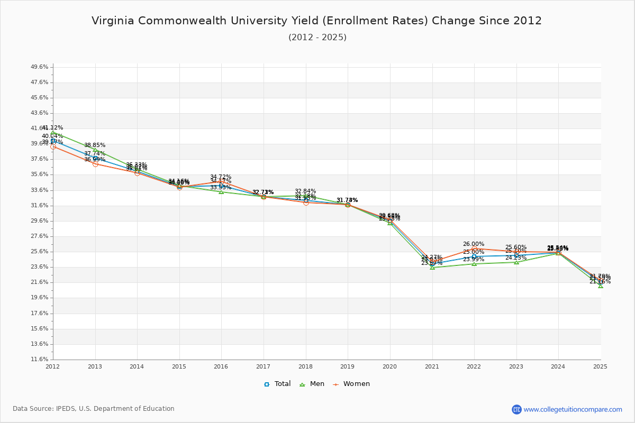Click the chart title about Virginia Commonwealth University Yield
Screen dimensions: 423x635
(x=316, y=21)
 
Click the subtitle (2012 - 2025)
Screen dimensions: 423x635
(x=317, y=38)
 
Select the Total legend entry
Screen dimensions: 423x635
(x=278, y=384)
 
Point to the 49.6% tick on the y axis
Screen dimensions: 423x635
(x=40, y=67)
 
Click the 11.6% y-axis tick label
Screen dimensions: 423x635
(x=40, y=360)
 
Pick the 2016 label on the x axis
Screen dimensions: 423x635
(x=221, y=366)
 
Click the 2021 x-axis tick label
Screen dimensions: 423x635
(x=432, y=366)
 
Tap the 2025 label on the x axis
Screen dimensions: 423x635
(x=600, y=366)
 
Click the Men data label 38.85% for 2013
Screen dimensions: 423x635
(x=95, y=145)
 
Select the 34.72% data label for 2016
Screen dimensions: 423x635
(x=221, y=177)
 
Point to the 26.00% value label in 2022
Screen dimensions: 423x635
(x=474, y=244)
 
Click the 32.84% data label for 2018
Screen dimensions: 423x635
(x=305, y=191)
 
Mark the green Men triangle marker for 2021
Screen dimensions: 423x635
(x=432, y=267)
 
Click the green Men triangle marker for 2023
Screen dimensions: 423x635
(x=516, y=262)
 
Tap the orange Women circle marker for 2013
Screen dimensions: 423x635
(x=95, y=164)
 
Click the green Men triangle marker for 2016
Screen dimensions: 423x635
(x=221, y=191)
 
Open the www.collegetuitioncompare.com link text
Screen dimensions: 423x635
(x=573, y=409)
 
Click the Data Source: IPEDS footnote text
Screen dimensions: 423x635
(x=94, y=409)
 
